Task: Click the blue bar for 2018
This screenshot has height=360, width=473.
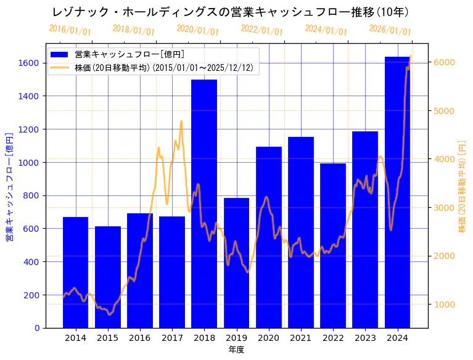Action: [x=204, y=203]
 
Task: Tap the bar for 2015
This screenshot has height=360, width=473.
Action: [x=108, y=277]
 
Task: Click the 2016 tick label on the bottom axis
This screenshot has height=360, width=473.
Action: [x=140, y=338]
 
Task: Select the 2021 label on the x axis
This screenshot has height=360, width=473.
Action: [x=301, y=338]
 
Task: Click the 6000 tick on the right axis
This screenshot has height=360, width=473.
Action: [x=444, y=62]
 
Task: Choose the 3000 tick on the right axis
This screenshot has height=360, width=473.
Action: [x=444, y=207]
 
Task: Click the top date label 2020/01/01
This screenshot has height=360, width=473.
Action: [x=197, y=30]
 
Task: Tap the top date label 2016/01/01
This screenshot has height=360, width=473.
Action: [x=70, y=30]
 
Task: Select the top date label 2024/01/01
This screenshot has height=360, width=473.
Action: [x=326, y=30]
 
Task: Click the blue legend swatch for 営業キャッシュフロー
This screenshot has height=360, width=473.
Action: [x=60, y=54]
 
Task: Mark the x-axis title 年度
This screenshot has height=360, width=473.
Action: [x=236, y=350]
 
